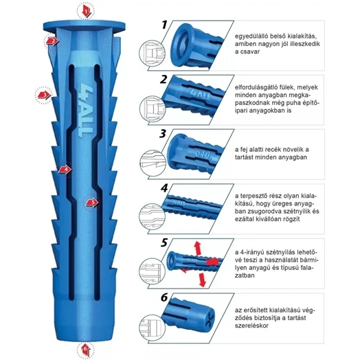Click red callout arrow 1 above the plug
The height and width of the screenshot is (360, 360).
87,12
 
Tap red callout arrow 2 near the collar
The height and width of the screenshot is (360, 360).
52,41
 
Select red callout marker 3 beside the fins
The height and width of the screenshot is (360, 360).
44,95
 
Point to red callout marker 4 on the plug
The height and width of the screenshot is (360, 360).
65,170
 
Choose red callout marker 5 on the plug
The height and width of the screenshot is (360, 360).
92,203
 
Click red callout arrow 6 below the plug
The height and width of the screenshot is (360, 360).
86,350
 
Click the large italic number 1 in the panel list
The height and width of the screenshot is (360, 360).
164,25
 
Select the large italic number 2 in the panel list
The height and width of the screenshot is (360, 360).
164,80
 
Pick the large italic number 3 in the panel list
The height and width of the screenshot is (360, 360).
164,133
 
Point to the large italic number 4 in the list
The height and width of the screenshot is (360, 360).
164,188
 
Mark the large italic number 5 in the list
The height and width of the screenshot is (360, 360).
164,243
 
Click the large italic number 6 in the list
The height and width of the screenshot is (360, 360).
164,297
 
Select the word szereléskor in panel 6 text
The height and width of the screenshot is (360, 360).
251,326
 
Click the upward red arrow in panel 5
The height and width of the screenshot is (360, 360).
197,248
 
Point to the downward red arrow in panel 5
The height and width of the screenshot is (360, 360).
202,280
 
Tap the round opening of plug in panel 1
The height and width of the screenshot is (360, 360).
181,45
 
